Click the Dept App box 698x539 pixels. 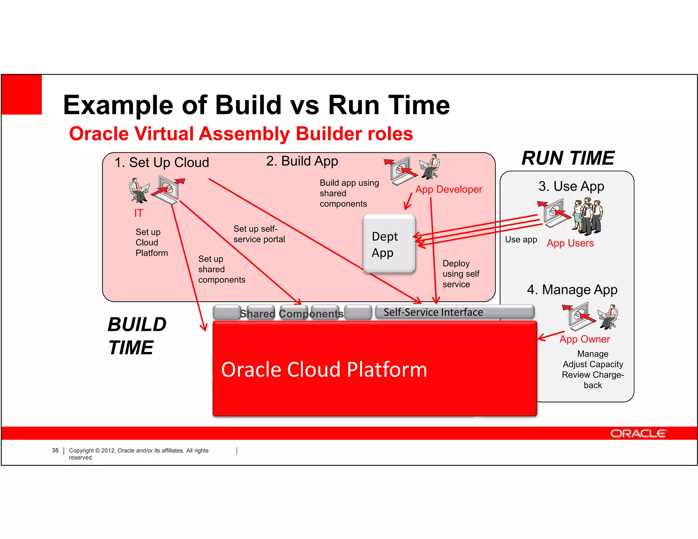coord(389,244)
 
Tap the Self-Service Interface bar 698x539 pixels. coord(454,312)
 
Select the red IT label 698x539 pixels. coord(138,213)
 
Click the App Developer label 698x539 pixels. coord(449,189)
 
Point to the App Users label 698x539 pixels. coord(570,243)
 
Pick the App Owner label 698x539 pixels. coord(585,339)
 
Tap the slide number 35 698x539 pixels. coord(55,450)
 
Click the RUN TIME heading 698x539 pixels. coord(568,158)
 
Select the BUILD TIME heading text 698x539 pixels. coord(137,336)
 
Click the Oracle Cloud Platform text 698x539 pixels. coord(324,370)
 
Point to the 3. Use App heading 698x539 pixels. coord(571,186)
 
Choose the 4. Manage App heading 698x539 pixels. coord(572,290)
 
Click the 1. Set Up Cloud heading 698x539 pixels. coord(162,163)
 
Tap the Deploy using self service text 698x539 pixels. coord(460,274)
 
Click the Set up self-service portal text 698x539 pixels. coord(259,234)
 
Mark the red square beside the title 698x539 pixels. coord(21,94)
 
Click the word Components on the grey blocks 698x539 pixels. coord(311,314)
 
